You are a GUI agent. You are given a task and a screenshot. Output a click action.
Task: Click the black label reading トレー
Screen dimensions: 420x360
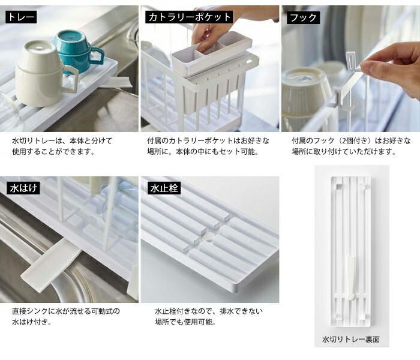click(21, 17)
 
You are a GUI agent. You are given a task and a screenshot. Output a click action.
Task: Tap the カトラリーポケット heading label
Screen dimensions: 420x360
click(189, 17)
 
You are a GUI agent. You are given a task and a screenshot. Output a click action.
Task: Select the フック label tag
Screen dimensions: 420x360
click(303, 17)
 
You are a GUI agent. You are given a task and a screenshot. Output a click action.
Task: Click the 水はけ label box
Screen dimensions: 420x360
click(23, 188)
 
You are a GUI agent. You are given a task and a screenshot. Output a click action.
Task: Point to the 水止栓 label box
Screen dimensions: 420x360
click(164, 188)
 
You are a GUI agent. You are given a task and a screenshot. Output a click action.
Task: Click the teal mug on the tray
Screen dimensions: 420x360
click(77, 51)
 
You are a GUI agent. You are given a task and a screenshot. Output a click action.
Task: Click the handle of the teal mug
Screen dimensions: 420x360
click(97, 57)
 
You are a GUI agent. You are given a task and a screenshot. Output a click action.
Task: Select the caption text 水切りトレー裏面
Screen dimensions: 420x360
click(351, 339)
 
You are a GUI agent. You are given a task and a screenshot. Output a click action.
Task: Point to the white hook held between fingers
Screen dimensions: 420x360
click(348, 80)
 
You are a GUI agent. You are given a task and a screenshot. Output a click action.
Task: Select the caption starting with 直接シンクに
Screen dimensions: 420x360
click(66, 316)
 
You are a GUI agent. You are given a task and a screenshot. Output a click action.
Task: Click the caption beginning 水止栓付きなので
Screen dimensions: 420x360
click(209, 316)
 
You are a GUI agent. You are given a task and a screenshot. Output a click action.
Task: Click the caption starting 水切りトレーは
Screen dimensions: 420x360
click(62, 146)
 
